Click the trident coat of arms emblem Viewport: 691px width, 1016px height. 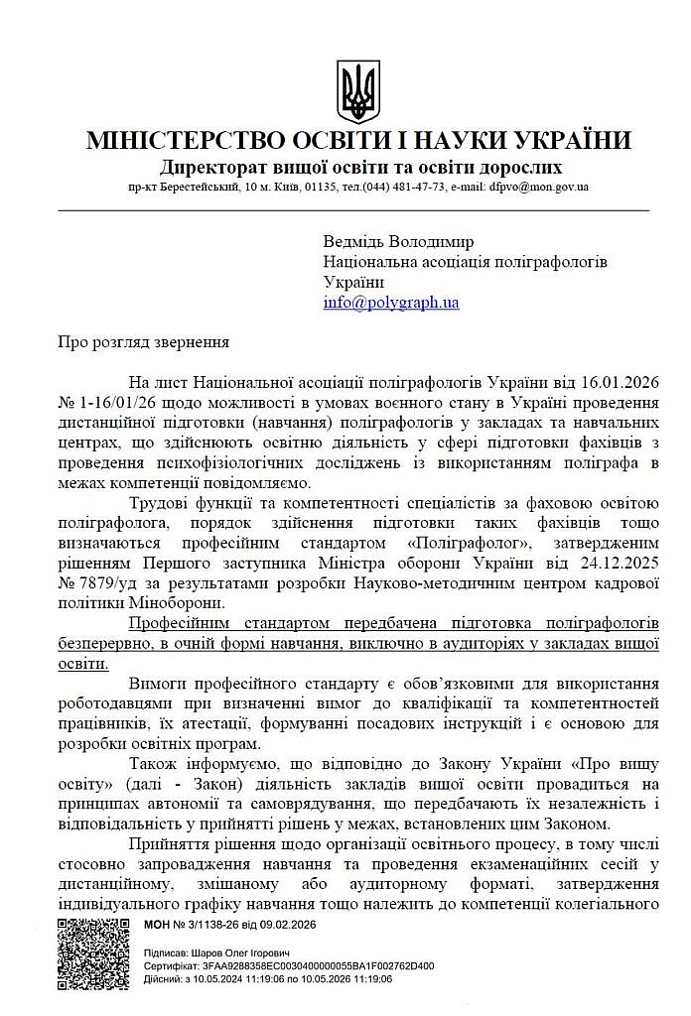click(357, 91)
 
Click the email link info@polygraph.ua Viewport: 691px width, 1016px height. click(390, 303)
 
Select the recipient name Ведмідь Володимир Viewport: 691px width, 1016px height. click(398, 241)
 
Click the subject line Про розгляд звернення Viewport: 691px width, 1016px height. click(143, 342)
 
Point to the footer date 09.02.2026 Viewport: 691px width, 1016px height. click(288, 925)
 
